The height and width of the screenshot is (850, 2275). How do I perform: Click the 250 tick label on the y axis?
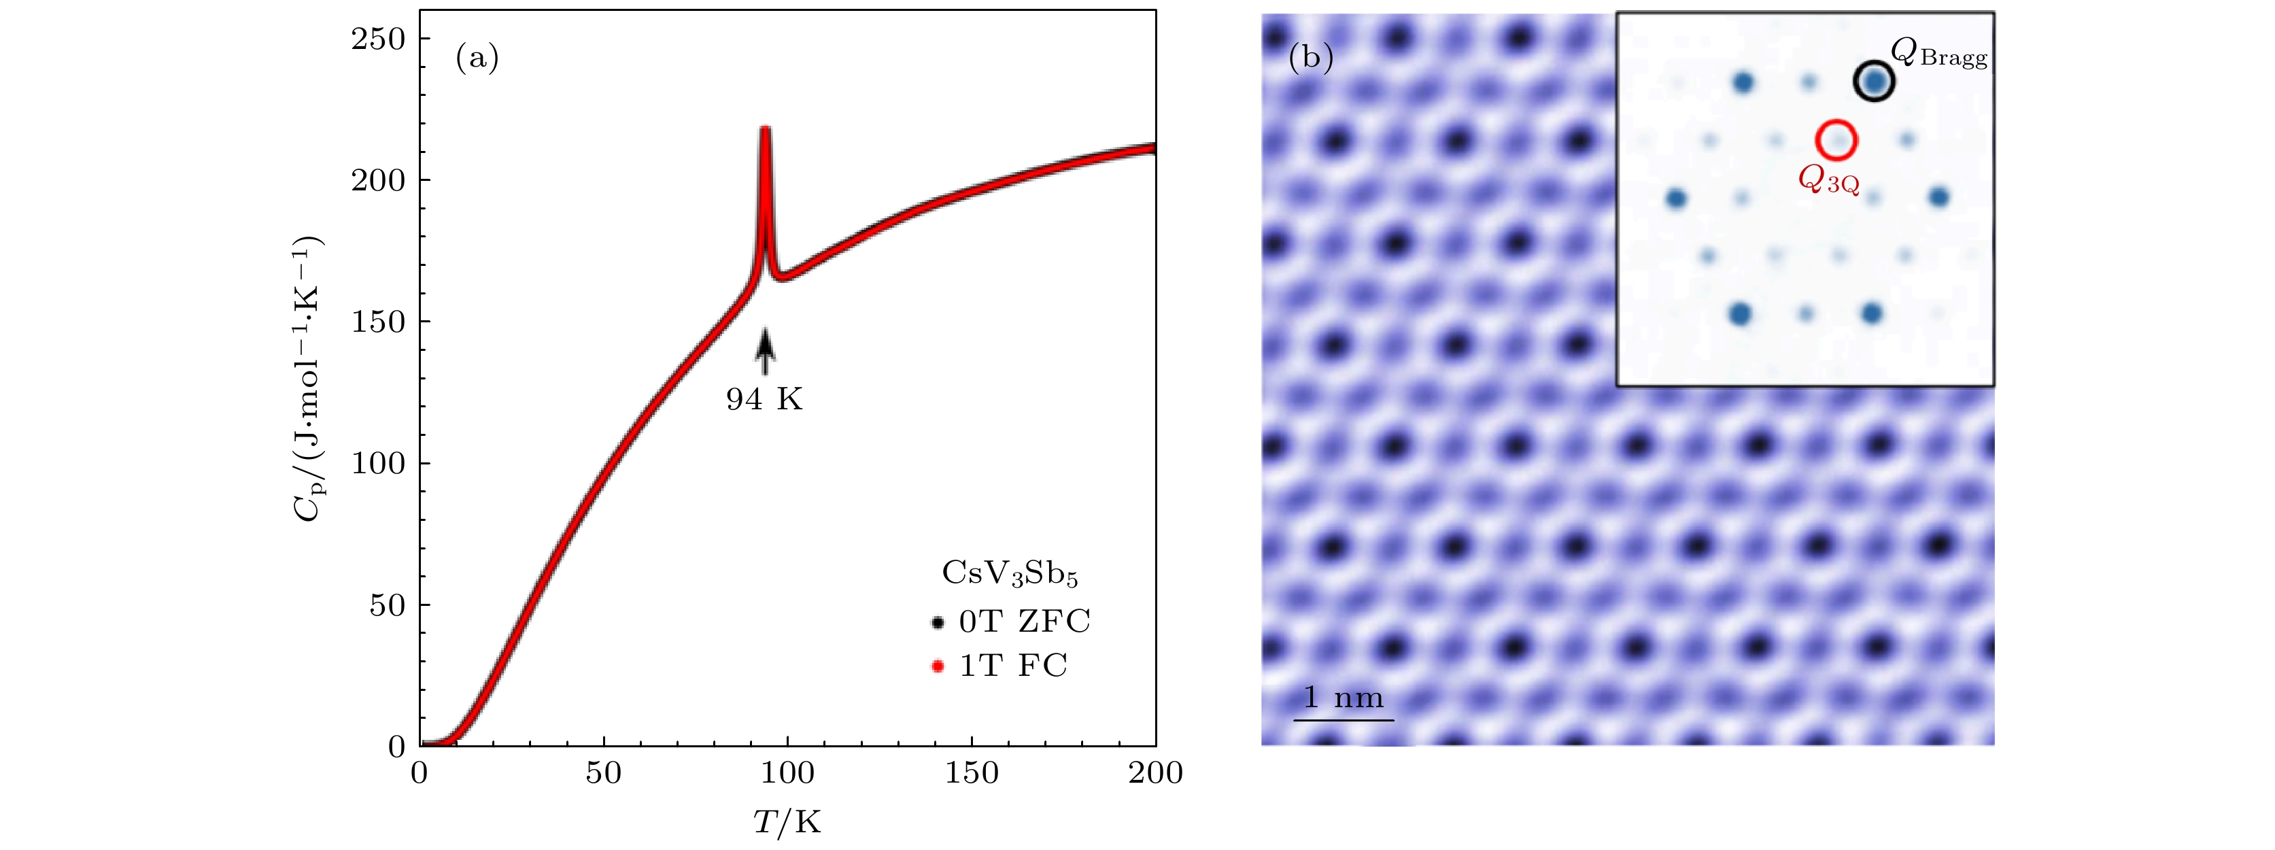pyautogui.click(x=377, y=39)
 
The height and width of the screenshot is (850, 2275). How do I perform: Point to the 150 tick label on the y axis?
pyautogui.click(x=377, y=322)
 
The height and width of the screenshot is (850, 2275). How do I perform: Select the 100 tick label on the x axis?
pyautogui.click(x=787, y=773)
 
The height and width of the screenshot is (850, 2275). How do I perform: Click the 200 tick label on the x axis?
pyautogui.click(x=1155, y=773)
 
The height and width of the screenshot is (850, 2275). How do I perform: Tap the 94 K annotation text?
pyautogui.click(x=764, y=399)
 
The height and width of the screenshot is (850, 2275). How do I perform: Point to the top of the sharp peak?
pyautogui.click(x=765, y=130)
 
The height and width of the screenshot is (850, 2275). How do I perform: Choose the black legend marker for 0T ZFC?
pyautogui.click(x=938, y=622)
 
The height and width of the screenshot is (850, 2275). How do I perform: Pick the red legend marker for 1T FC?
pyautogui.click(x=938, y=666)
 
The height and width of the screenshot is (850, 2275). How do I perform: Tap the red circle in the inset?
pyautogui.click(x=1836, y=139)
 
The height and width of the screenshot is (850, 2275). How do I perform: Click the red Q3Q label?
pyautogui.click(x=1828, y=180)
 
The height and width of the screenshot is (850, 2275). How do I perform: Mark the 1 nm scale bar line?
pyautogui.click(x=1344, y=720)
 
